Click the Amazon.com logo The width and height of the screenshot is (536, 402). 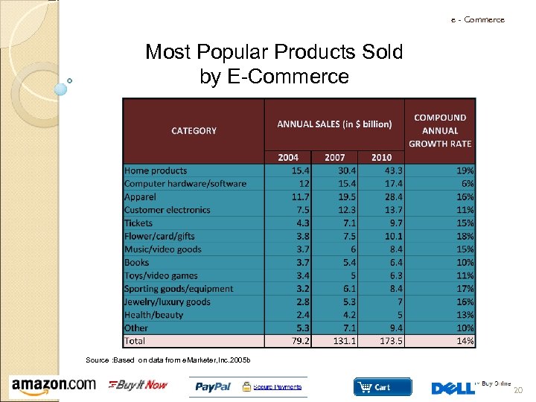pyautogui.click(x=54, y=385)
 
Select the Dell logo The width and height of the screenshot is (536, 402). pyautogui.click(x=453, y=387)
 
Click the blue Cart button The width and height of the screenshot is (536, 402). pyautogui.click(x=382, y=387)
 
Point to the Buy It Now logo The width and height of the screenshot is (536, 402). pyautogui.click(x=138, y=385)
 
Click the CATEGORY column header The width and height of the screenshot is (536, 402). pyautogui.click(x=194, y=130)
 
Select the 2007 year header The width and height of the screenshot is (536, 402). pyautogui.click(x=334, y=157)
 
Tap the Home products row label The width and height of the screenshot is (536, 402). pyautogui.click(x=156, y=170)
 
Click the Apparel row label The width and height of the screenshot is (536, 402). pyautogui.click(x=140, y=197)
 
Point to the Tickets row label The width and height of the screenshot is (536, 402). pyautogui.click(x=138, y=223)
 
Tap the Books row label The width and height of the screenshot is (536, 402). pyautogui.click(x=136, y=262)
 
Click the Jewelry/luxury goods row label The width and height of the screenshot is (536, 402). pyautogui.click(x=167, y=301)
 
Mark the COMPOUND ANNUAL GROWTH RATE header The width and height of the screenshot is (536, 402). pyautogui.click(x=440, y=130)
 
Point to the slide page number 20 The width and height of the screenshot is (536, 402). pyautogui.click(x=519, y=389)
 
